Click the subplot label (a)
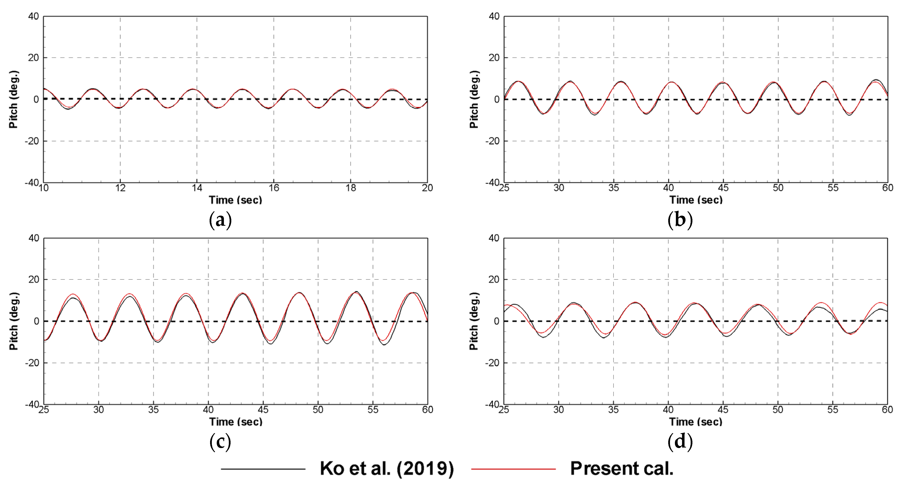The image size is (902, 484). tap(220, 220)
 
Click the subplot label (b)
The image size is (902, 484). tap(680, 220)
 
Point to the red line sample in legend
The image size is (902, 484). tap(513, 469)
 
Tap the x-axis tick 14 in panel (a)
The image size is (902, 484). tap(197, 188)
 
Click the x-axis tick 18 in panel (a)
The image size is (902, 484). tap(350, 188)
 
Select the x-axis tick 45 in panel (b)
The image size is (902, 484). tap(723, 188)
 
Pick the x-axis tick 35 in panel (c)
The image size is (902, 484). tap(153, 410)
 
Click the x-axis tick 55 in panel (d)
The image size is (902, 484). tap(833, 410)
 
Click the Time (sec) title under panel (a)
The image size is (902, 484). tap(235, 200)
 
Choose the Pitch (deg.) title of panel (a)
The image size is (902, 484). tap(13, 99)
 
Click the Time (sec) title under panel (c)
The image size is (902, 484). tap(236, 422)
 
